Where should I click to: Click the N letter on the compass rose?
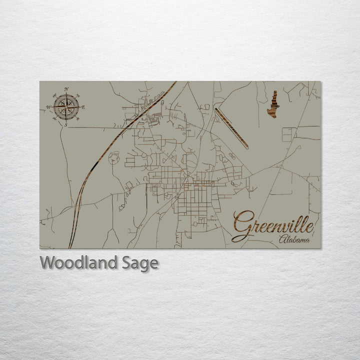[66, 89]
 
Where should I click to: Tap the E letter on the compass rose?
[83, 107]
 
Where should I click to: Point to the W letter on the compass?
[48, 107]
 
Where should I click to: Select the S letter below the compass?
[66, 125]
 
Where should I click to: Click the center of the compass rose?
[66, 106]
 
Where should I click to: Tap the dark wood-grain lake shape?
[273, 105]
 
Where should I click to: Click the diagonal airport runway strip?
[231, 128]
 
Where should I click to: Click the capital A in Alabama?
[282, 239]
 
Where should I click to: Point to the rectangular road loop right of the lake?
[289, 134]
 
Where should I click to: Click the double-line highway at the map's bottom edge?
[71, 242]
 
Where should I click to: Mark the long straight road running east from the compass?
[95, 127]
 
